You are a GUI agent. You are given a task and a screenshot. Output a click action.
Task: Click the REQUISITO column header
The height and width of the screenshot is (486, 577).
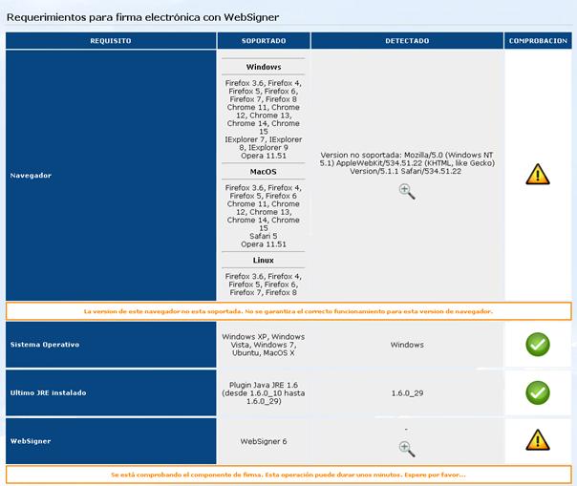click(x=111, y=41)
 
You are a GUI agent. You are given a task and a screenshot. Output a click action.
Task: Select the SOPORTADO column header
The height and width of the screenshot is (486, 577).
click(x=263, y=41)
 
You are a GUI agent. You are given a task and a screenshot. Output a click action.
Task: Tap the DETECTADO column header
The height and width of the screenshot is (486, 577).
click(x=407, y=41)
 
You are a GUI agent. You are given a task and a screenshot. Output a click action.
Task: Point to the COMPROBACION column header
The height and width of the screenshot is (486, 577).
click(x=538, y=41)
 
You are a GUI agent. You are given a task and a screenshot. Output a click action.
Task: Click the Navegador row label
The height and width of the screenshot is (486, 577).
click(x=31, y=176)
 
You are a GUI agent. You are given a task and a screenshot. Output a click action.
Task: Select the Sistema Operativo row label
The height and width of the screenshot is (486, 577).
click(x=44, y=344)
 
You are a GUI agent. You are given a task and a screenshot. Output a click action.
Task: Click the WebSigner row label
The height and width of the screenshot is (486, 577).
click(x=32, y=440)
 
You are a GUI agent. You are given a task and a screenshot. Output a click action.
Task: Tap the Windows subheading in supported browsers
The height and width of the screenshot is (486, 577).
click(x=264, y=68)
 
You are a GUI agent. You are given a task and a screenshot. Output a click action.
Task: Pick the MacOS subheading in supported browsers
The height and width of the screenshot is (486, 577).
click(x=264, y=172)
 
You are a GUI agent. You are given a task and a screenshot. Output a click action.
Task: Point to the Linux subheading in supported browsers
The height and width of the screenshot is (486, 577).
click(x=264, y=261)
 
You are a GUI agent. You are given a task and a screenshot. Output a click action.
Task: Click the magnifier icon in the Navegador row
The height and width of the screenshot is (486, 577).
click(x=407, y=191)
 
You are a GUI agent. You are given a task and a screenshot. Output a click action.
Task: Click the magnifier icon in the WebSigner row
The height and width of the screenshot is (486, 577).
click(x=407, y=449)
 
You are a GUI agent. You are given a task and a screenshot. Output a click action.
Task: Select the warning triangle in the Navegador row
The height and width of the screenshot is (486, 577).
click(x=538, y=174)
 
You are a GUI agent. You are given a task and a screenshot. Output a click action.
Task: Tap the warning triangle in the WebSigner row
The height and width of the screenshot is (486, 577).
click(x=538, y=439)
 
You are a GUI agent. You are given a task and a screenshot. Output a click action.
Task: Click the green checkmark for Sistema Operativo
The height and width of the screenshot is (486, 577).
click(x=538, y=345)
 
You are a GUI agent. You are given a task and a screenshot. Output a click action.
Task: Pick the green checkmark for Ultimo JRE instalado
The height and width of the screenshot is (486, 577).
click(x=538, y=392)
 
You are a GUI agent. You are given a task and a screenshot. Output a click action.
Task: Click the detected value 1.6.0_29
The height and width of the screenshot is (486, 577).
click(x=407, y=392)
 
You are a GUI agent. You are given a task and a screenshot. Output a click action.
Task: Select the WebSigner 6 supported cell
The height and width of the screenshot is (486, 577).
click(x=263, y=440)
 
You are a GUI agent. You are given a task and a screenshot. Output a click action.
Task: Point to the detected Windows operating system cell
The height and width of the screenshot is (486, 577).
click(x=407, y=345)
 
